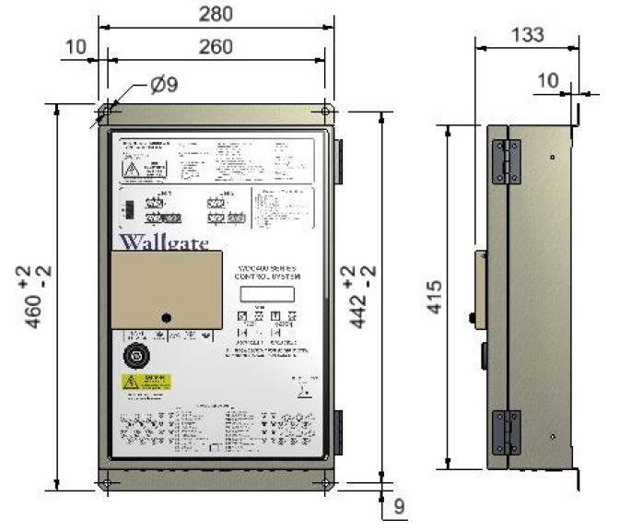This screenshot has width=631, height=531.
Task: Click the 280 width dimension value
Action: pyautogui.click(x=216, y=14)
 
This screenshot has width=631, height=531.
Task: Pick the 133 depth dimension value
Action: pyautogui.click(x=526, y=35)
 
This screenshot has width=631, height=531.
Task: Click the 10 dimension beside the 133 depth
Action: pyautogui.click(x=547, y=81)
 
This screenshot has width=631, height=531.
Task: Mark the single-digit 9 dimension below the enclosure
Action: pyautogui.click(x=399, y=505)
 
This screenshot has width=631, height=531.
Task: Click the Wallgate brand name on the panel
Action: pyautogui.click(x=163, y=244)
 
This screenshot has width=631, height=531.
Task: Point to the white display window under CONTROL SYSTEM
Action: pyautogui.click(x=263, y=294)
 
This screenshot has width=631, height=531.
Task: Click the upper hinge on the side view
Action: pyautogui.click(x=505, y=161)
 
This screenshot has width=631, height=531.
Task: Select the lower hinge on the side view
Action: pyautogui.click(x=505, y=431)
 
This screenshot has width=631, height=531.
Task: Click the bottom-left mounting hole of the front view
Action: pyautogui.click(x=108, y=482)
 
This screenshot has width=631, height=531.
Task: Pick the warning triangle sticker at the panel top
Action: pyautogui.click(x=133, y=170)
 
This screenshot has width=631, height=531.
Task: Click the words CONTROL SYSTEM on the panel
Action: pyautogui.click(x=267, y=276)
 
